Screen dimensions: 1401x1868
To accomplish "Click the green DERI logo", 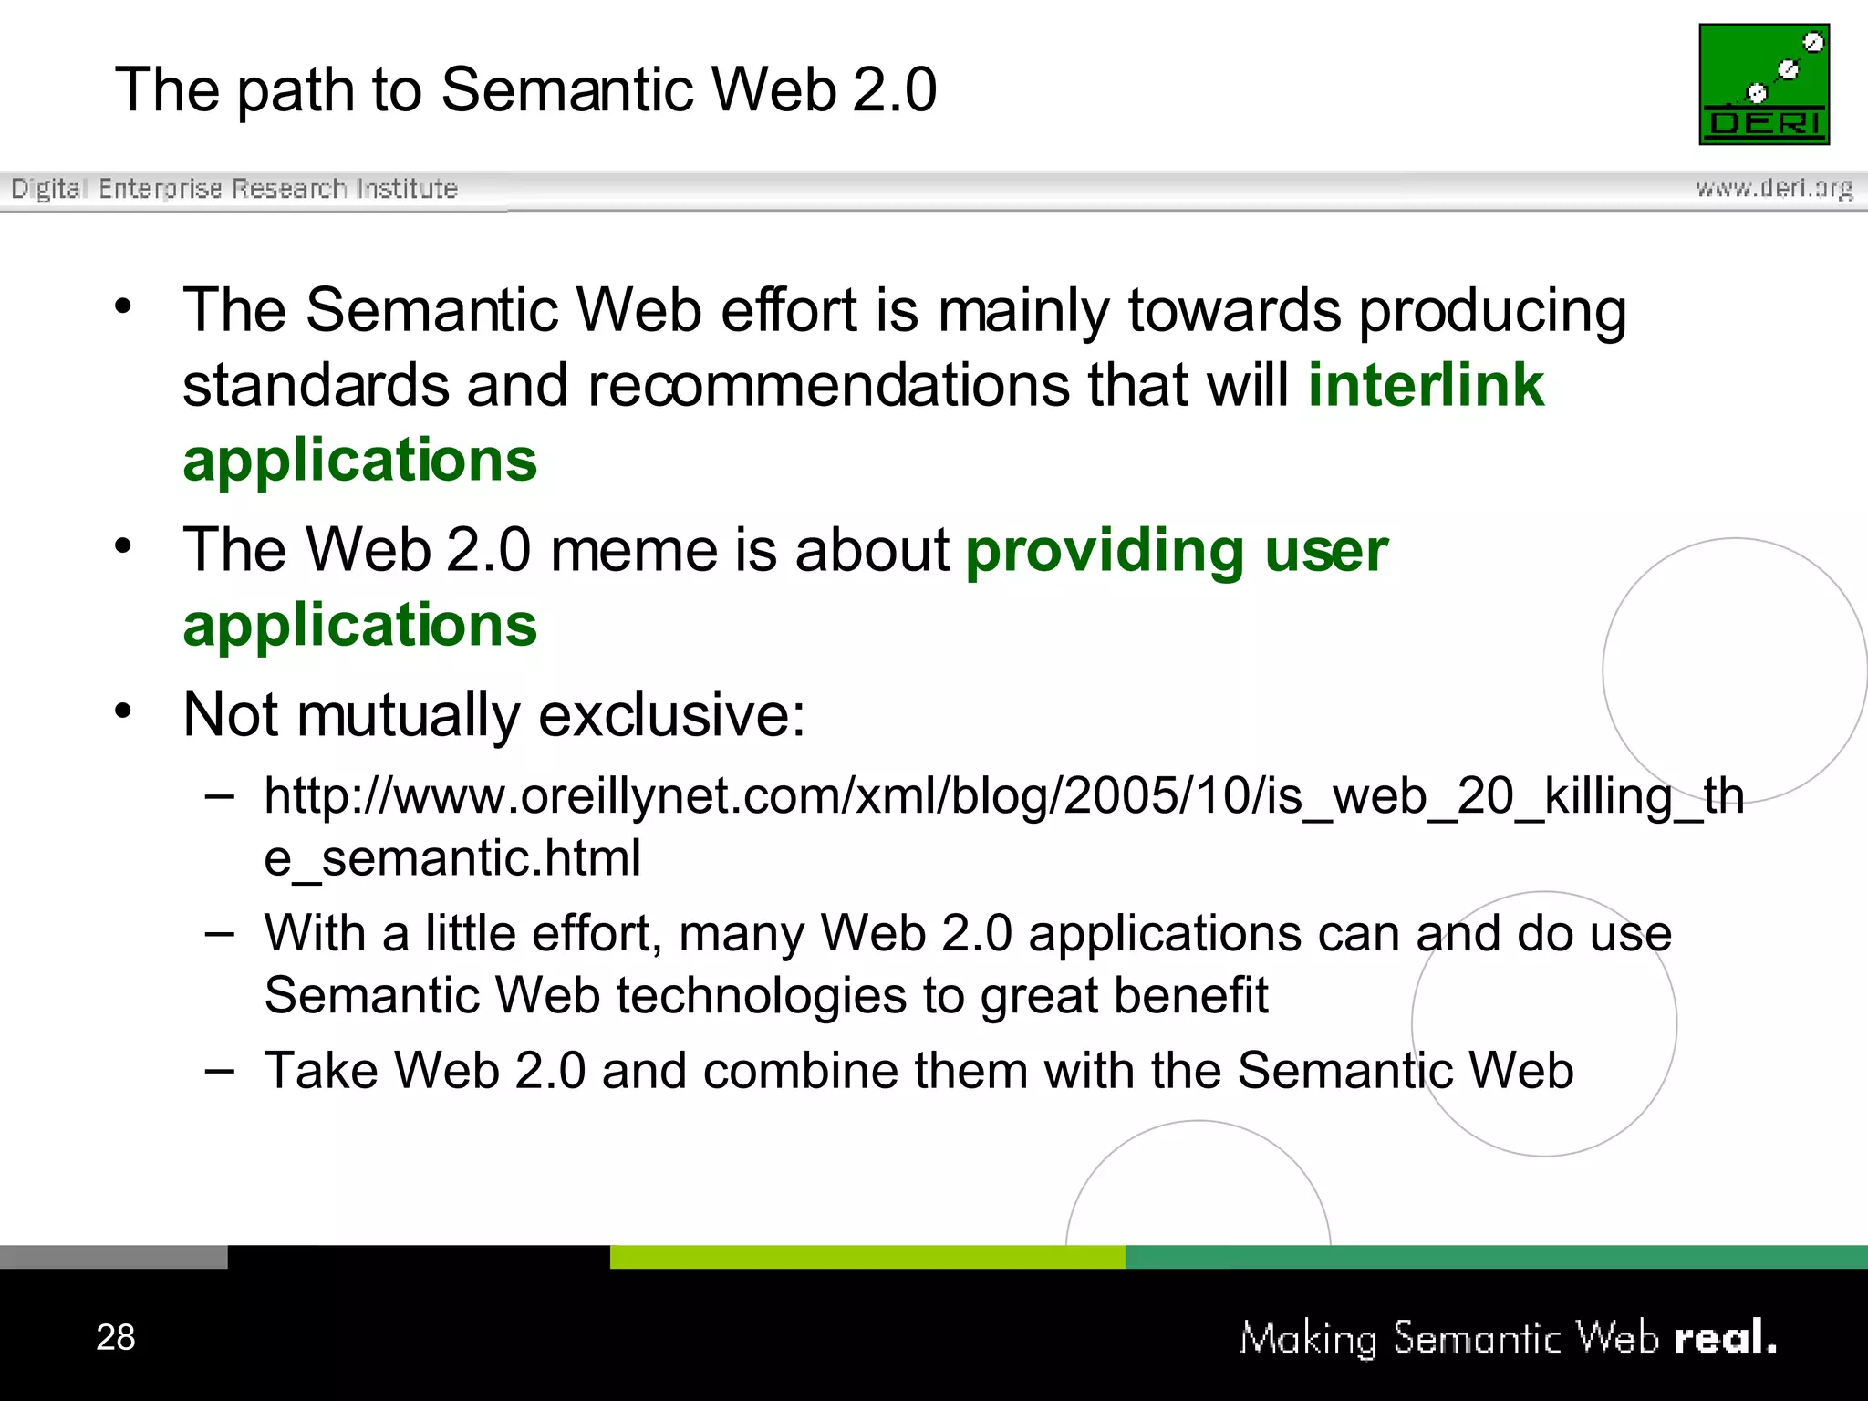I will (x=1764, y=84).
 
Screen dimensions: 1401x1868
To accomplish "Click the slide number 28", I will (x=116, y=1337).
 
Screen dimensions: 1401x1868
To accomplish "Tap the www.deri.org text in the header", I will (x=1773, y=188).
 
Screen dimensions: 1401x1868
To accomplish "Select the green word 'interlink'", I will (x=1426, y=385).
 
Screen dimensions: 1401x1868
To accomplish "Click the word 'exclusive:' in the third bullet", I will (x=672, y=714).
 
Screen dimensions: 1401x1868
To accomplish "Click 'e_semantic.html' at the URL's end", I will (x=452, y=858).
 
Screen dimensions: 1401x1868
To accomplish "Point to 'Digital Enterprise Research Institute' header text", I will (x=234, y=189).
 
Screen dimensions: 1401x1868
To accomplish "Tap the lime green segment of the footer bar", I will (x=867, y=1257).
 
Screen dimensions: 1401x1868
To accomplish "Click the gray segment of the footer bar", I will (x=113, y=1257).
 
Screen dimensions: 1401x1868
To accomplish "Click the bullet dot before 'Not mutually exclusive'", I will (x=124, y=711).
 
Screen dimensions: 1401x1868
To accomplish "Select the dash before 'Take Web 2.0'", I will (x=220, y=1070).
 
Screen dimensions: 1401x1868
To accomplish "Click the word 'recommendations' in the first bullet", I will (x=828, y=385).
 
